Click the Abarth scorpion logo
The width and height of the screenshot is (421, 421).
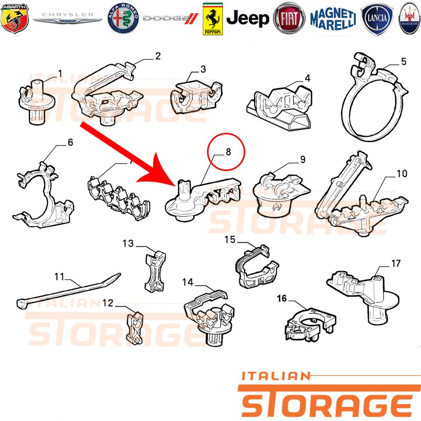point(15,18)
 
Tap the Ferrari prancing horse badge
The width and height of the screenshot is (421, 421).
point(213,19)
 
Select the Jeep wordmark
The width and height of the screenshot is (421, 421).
point(247,19)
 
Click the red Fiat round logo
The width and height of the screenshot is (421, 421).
point(289,18)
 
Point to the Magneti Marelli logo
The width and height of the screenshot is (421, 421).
point(333,18)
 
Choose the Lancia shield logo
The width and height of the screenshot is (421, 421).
point(377,18)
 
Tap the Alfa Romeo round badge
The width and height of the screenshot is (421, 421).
point(123,18)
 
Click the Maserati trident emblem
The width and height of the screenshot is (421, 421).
point(410,18)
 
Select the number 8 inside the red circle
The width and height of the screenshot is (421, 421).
point(228,152)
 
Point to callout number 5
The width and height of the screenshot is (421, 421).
point(404,62)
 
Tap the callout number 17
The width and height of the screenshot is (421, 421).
point(396,264)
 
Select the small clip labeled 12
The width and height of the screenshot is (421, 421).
point(135,328)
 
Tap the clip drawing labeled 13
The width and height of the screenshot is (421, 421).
point(155,271)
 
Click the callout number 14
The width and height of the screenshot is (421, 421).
point(188,282)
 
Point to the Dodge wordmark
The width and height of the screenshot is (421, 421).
point(171,18)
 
